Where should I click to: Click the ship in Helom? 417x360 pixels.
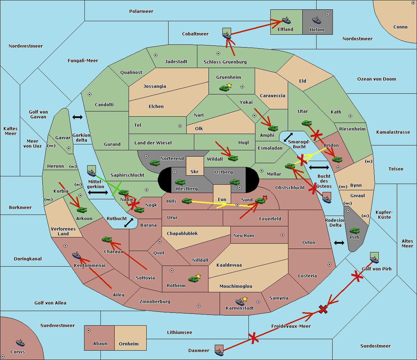click(317, 20)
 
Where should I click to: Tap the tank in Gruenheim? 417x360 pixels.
click(224, 88)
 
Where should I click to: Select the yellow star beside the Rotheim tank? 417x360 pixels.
click(198, 276)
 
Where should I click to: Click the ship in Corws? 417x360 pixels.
click(21, 343)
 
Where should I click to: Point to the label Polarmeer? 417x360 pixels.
click(141, 11)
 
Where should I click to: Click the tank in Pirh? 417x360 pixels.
click(355, 231)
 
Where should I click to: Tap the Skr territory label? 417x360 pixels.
click(195, 171)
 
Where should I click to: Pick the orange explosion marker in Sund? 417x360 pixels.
click(265, 198)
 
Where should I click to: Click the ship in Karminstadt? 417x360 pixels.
click(240, 302)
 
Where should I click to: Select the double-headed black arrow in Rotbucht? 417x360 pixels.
click(129, 223)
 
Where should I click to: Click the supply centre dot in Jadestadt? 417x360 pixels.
click(156, 55)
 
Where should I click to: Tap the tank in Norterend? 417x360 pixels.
click(155, 163)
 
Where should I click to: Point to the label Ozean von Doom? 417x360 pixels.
click(377, 79)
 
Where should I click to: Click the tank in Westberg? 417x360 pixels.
click(180, 182)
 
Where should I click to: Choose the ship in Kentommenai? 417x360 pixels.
click(77, 255)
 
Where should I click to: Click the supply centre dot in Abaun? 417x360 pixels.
click(89, 330)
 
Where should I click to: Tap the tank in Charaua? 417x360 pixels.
click(107, 240)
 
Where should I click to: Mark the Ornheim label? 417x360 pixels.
click(129, 344)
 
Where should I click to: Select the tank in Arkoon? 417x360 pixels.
click(82, 210)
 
